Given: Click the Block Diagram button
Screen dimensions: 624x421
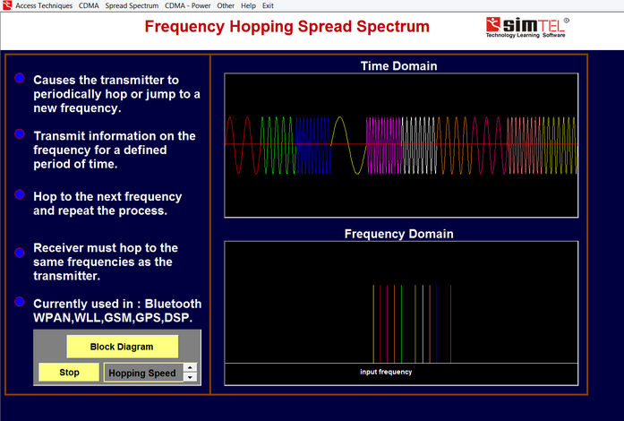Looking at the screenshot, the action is click(122, 347).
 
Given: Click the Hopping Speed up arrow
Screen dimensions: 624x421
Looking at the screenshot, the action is click(190, 367).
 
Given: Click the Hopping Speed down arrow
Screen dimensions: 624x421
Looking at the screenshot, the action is click(190, 377).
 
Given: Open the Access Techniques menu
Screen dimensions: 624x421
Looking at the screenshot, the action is click(44, 5).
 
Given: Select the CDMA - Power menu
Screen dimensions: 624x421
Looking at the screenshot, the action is click(188, 5).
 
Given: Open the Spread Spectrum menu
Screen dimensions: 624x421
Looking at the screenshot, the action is click(132, 5).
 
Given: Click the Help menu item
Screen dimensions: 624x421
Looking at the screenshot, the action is click(248, 5).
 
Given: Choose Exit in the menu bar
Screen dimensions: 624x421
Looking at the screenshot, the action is click(268, 5).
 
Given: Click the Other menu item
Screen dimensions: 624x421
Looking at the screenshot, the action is click(226, 5).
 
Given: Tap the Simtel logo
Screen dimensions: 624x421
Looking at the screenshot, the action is click(527, 28).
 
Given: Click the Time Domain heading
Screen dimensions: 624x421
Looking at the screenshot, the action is click(398, 65).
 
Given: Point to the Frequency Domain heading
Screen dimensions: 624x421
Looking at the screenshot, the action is click(398, 234).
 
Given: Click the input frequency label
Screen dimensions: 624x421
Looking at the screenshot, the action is click(386, 372).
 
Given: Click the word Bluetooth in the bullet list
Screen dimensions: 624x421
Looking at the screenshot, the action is click(173, 304).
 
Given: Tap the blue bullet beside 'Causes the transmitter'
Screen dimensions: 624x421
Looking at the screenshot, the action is click(20, 78).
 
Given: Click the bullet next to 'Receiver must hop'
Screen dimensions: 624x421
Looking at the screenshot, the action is click(20, 253).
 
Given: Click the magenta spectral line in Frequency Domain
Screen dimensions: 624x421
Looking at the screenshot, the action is click(450, 324).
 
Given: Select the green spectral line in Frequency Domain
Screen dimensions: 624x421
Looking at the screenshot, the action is click(401, 324).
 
